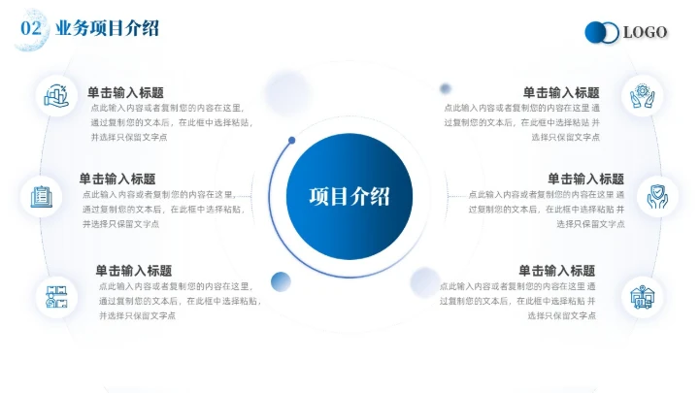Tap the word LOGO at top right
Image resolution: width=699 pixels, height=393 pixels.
click(x=645, y=33)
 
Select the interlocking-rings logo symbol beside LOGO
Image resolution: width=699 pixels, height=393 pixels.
click(x=602, y=33)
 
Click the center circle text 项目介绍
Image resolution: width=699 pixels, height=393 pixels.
click(x=349, y=195)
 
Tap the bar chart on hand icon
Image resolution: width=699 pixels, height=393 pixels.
click(x=54, y=95)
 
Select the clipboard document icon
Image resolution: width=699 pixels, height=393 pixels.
click(x=42, y=195)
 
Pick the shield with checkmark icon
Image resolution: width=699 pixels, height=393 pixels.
click(x=657, y=194)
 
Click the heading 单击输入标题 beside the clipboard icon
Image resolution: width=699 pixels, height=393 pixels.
click(x=117, y=179)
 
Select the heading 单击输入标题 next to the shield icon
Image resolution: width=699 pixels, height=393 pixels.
click(x=585, y=179)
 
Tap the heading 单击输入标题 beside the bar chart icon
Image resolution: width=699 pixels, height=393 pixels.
click(x=125, y=92)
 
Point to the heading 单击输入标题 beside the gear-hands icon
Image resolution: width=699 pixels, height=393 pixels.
click(x=561, y=92)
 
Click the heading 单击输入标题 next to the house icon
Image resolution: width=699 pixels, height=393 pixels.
click(x=556, y=271)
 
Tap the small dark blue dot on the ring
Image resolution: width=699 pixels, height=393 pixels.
click(x=291, y=142)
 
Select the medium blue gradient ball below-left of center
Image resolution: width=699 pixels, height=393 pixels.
click(x=281, y=281)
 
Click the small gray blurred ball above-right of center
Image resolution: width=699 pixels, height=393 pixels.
click(x=445, y=88)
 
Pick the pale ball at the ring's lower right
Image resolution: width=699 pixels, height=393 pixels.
click(x=425, y=278)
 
